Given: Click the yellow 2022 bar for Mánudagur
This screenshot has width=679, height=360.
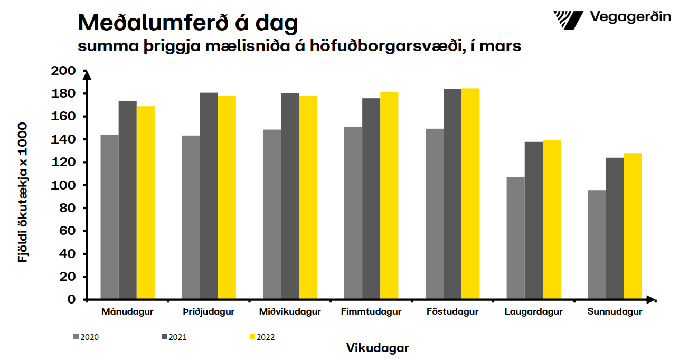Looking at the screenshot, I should coord(146,203).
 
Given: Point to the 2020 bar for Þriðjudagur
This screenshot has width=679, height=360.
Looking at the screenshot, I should coord(191,217).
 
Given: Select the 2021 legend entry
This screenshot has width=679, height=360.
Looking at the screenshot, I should coord(174,337).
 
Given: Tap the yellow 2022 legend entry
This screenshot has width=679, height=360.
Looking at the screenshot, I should coord(261,337).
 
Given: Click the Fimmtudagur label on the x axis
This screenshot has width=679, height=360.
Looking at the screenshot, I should coord(371,311).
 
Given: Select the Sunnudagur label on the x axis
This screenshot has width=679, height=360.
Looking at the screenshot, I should coord(615,311).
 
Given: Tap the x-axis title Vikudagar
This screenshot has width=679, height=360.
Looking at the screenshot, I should coord(378,348).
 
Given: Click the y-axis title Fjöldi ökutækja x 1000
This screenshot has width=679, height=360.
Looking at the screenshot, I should coord(23,193).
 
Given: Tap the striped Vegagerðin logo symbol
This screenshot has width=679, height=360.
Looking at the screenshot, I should coord(568,20).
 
